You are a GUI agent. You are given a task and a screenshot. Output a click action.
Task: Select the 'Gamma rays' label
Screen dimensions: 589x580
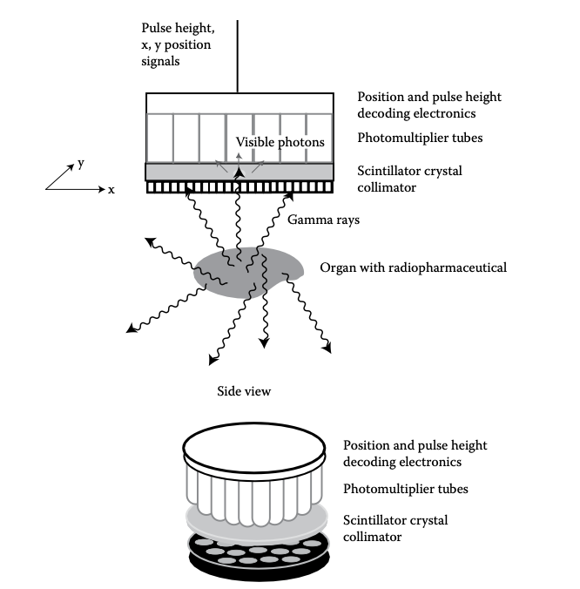323,220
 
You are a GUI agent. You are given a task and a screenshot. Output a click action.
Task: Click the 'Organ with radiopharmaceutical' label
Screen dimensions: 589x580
413,267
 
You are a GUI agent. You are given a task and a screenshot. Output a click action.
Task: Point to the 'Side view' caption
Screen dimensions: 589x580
244,391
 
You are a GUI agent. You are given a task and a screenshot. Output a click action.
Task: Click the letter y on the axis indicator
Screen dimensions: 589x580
81,163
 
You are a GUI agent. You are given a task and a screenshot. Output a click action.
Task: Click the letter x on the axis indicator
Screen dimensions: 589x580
111,189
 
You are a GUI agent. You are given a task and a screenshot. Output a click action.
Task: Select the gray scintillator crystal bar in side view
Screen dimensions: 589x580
239,172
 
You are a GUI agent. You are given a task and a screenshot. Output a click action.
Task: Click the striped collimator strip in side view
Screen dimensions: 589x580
239,187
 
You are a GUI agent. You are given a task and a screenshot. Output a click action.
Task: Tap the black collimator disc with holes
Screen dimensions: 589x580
253,557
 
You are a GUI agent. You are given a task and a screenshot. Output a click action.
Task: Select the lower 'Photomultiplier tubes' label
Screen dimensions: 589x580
405,489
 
